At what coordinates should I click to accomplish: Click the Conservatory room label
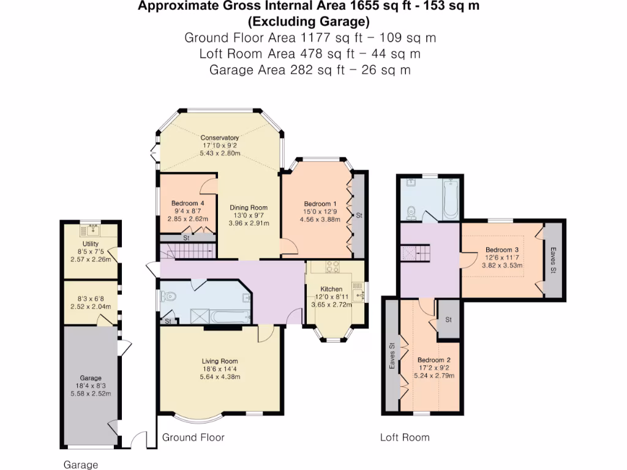click(x=220, y=138)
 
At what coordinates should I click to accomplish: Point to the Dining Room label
click(x=249, y=207)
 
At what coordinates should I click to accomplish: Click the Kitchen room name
click(x=332, y=289)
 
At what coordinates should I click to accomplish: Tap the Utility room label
click(x=90, y=244)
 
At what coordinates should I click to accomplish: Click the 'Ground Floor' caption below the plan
click(x=193, y=438)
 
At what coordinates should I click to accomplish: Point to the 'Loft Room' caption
click(x=405, y=438)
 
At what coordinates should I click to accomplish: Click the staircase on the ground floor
click(x=189, y=250)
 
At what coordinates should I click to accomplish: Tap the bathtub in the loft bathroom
click(x=451, y=199)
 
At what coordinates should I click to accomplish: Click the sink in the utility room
click(x=93, y=230)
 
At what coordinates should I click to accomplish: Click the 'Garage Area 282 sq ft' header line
click(x=310, y=70)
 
